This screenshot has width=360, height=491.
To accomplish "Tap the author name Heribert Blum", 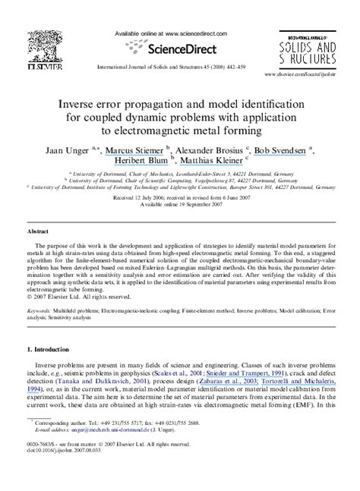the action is pyautogui.click(x=144, y=162).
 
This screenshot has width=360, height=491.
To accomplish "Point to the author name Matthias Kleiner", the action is pyautogui.click(x=210, y=162).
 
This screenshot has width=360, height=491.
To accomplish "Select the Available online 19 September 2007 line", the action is pyautogui.click(x=179, y=204).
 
